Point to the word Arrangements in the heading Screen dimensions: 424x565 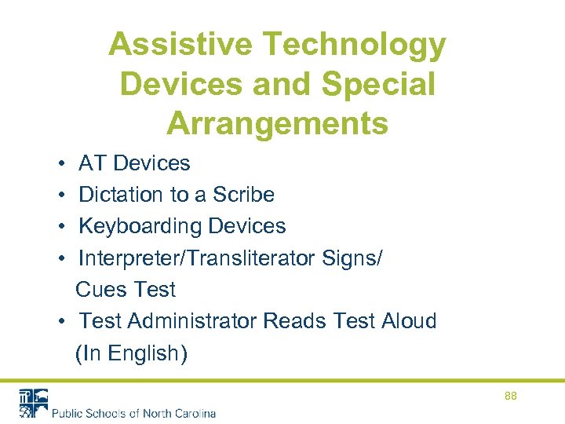278,124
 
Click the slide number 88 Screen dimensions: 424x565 511,397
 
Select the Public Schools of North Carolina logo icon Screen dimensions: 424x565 33,403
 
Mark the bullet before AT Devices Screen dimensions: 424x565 60,163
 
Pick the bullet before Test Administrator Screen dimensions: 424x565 60,322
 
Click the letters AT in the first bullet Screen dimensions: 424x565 93,163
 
